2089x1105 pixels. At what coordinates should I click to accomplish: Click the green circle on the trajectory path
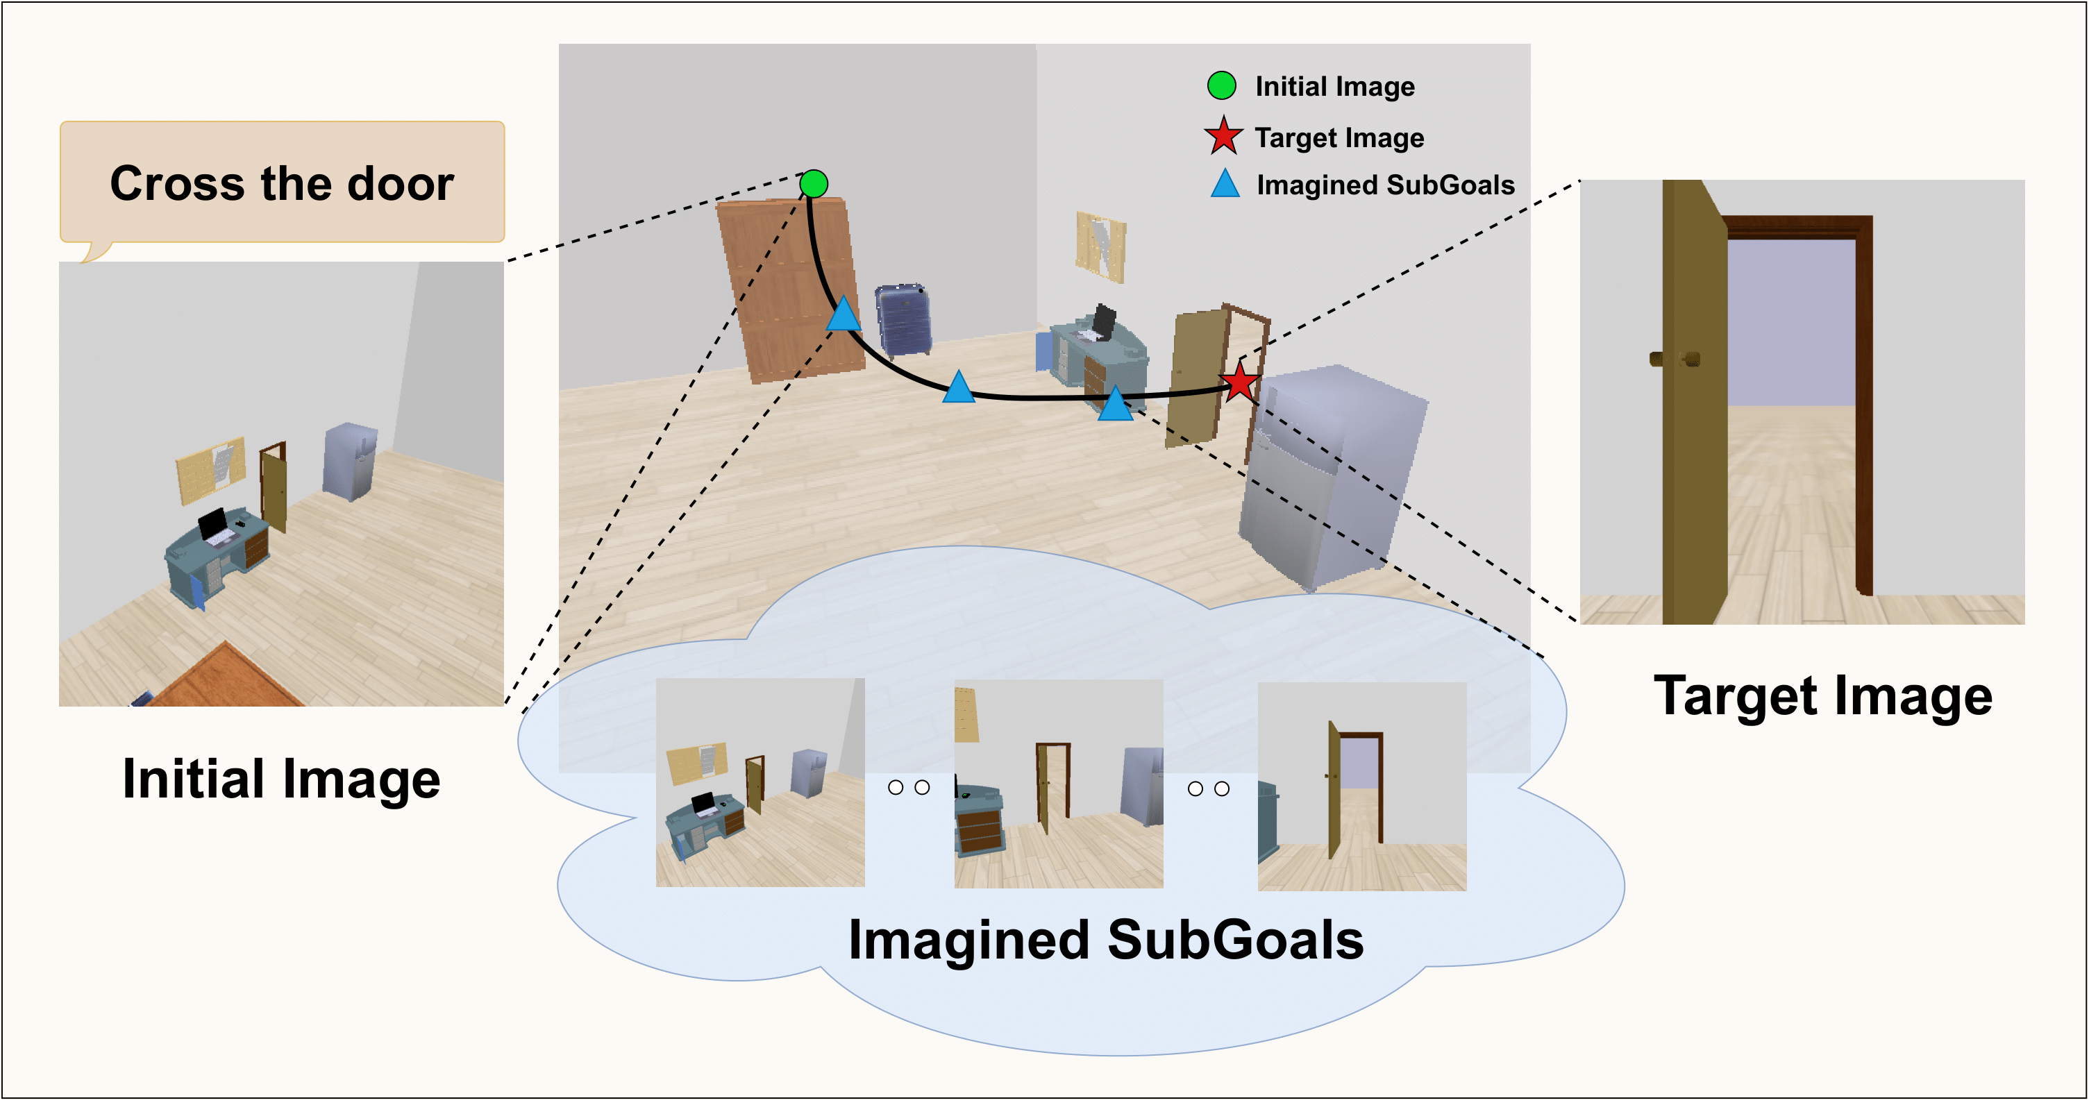(814, 184)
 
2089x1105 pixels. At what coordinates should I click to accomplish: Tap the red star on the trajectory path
(1239, 383)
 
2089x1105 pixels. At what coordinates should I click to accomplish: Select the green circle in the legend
(1221, 85)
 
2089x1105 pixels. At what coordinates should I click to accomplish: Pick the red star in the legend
(1223, 136)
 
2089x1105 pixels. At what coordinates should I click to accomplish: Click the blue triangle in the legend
(1225, 184)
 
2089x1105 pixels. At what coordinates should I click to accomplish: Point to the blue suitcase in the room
(903, 320)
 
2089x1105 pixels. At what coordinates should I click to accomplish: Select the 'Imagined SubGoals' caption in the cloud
(1105, 940)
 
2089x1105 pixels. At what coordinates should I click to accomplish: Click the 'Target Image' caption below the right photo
(1822, 696)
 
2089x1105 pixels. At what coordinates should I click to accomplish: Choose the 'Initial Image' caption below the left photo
(280, 779)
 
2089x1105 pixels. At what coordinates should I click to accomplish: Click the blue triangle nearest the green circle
(844, 314)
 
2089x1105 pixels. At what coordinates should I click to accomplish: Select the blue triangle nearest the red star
(1115, 404)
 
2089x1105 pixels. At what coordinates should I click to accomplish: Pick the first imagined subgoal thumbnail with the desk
(760, 782)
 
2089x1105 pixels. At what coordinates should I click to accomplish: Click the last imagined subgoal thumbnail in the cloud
(1361, 786)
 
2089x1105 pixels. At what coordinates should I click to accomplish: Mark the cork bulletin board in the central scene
(1100, 246)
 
